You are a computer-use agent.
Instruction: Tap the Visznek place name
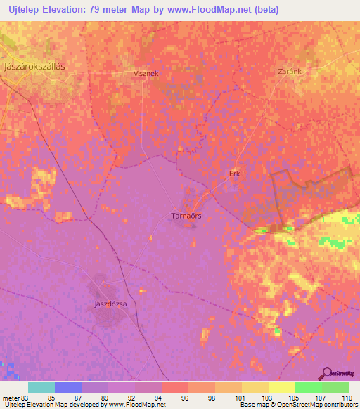pyautogui.click(x=147, y=72)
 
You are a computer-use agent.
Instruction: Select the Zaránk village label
pyautogui.click(x=290, y=72)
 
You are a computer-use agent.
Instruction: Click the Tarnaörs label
pyautogui.click(x=187, y=216)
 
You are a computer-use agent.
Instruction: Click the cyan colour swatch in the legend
pyautogui.click(x=41, y=387)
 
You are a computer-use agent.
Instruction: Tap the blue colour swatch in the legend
pyautogui.click(x=67, y=387)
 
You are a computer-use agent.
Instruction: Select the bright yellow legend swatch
pyautogui.click(x=281, y=387)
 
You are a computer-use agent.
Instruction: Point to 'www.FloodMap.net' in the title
pyautogui.click(x=213, y=10)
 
